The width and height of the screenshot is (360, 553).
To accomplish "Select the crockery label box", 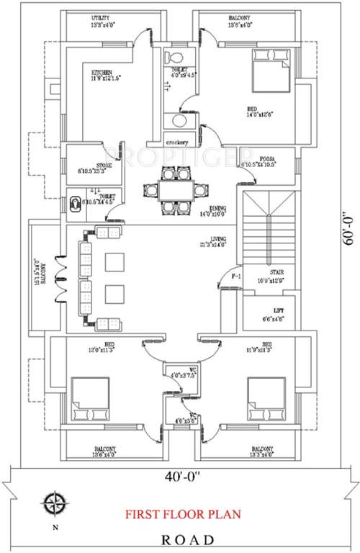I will coord(176,141).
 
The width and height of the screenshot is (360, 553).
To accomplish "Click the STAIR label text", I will coord(276,273).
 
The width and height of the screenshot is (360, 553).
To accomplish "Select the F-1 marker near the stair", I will coord(235,276).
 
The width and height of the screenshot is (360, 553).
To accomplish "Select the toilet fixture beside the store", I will coord(74,204).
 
